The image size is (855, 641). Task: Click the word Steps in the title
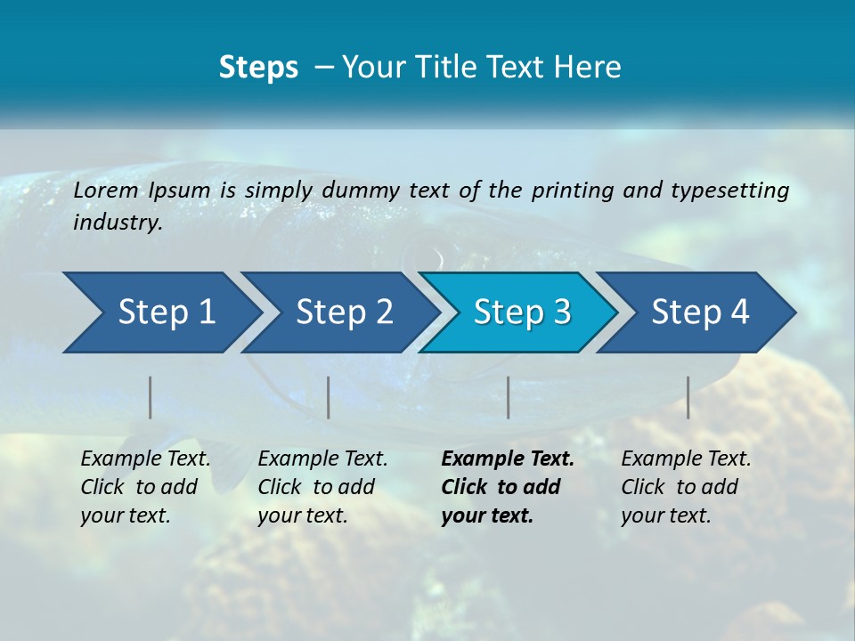pos(258,68)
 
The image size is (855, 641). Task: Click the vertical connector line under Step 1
pos(151,397)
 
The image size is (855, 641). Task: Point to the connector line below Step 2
pos(329,397)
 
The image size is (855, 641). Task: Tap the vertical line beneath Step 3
pos(509,397)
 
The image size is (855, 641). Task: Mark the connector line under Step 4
pos(688,397)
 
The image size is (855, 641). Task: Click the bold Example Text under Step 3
pos(508,459)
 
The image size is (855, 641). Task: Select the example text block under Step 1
pos(145,487)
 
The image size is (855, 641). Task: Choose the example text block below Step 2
pos(322,487)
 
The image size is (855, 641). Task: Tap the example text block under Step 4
pos(686,487)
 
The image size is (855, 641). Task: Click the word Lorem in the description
pos(106,191)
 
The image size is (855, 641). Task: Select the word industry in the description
pos(118,223)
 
